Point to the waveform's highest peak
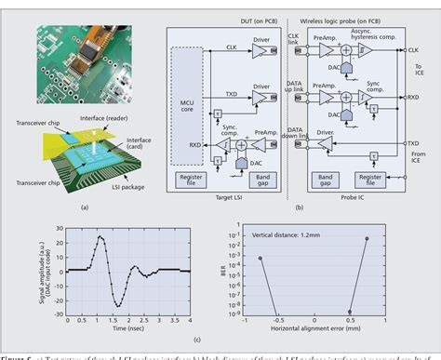click(101, 236)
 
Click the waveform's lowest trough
click(117, 280)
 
